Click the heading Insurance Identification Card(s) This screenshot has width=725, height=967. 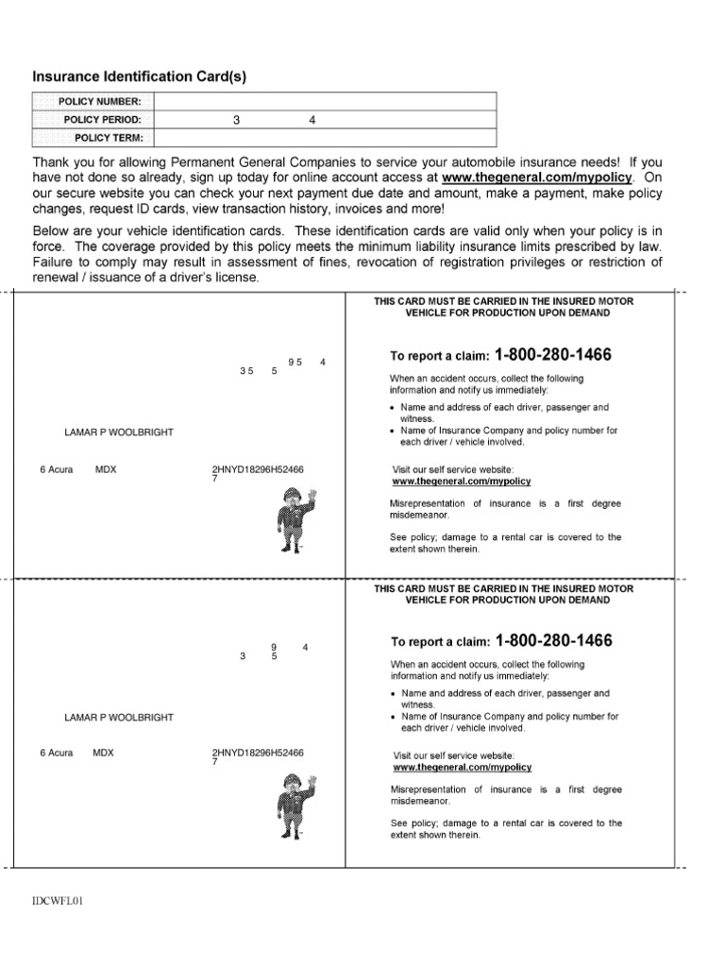pos(139,76)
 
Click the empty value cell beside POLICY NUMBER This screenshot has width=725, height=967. pos(324,102)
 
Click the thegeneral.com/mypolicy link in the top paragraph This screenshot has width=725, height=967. pos(536,177)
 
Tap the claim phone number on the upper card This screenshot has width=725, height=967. pos(552,355)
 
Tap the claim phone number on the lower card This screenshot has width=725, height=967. pos(552,641)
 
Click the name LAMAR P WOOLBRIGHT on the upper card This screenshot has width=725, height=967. pos(119,433)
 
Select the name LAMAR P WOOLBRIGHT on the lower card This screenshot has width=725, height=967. pos(119,718)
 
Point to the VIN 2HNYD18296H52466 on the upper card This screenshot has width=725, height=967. pos(259,469)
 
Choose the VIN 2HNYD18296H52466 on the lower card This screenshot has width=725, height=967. pos(259,754)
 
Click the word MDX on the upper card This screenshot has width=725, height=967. pos(106,469)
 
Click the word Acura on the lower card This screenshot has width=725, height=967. pos(60,754)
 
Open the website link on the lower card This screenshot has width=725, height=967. pos(462,768)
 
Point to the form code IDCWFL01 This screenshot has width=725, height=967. pos(59,901)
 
